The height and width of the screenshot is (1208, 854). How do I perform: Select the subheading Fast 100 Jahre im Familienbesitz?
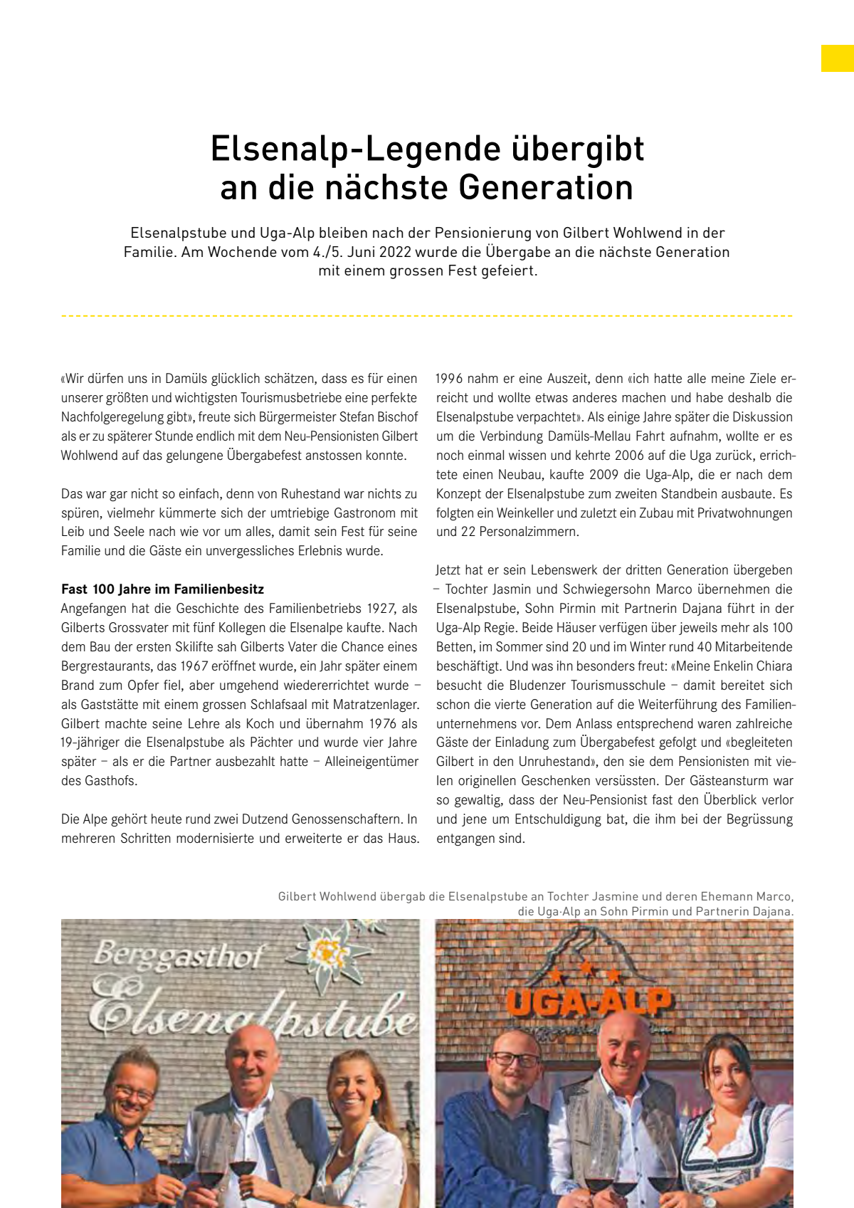point(162,589)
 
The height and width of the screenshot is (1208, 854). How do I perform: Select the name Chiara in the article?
point(774,666)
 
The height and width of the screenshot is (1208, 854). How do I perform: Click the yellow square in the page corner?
point(837,58)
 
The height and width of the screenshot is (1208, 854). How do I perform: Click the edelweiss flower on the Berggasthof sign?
point(329,950)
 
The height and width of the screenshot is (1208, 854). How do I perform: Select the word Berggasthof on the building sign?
point(179,956)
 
